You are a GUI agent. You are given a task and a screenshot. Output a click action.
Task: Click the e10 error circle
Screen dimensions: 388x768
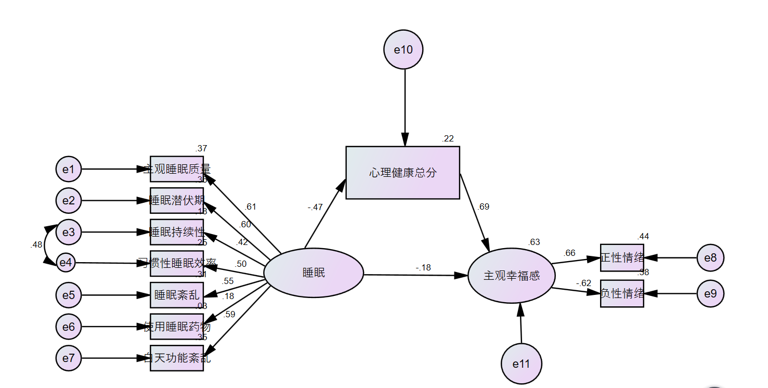(403, 50)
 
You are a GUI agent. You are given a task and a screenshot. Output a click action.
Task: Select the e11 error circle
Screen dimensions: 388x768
(521, 364)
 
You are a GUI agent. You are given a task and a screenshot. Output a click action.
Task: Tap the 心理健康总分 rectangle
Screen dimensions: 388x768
(403, 173)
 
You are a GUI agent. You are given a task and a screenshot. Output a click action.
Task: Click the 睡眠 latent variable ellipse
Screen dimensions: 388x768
(314, 273)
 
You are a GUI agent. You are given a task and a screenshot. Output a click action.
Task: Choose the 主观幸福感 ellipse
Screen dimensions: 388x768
(512, 276)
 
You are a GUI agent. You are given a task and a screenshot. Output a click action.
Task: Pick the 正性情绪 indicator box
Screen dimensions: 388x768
(622, 257)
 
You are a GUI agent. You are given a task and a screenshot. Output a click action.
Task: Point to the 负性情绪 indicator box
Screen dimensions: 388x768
(622, 293)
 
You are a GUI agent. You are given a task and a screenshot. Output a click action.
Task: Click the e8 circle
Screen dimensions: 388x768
(710, 257)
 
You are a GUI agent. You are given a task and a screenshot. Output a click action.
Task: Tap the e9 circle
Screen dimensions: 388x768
(710, 293)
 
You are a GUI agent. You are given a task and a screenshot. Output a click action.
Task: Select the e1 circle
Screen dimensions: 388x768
(69, 169)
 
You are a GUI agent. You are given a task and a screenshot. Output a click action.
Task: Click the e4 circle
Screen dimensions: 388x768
(66, 263)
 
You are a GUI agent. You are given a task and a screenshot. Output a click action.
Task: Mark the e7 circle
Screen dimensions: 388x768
(69, 358)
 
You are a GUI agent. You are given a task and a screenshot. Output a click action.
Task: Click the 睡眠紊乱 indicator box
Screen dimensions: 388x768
(177, 295)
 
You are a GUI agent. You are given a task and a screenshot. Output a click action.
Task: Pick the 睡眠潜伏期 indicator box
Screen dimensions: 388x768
(177, 201)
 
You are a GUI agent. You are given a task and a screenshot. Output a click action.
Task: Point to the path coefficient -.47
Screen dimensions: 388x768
(315, 207)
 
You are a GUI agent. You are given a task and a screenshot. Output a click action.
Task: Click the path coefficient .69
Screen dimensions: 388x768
(484, 206)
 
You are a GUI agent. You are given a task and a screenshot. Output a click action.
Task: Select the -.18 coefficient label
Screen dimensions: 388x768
(423, 268)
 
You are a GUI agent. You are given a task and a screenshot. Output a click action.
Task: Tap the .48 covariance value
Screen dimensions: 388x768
(36, 244)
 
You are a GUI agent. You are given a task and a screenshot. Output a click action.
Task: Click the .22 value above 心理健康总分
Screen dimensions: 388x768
(448, 138)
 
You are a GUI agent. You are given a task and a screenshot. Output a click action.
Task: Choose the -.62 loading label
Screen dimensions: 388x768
(583, 283)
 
